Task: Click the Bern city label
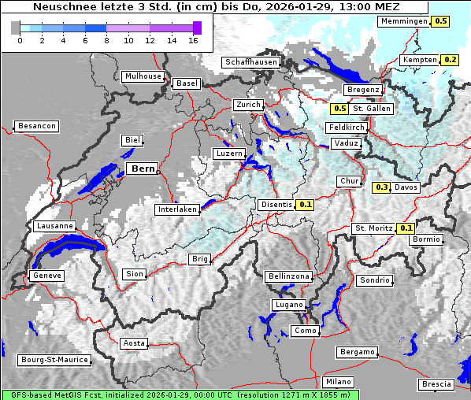tap(143, 169)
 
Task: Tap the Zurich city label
tap(247, 105)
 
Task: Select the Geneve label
tap(46, 276)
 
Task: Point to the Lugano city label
tap(289, 305)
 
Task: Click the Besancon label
tap(37, 126)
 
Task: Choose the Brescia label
tap(437, 383)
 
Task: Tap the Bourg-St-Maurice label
tap(54, 360)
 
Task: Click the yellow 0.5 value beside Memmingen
tap(441, 21)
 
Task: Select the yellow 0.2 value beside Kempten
tap(450, 60)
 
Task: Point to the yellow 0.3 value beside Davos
tap(381, 187)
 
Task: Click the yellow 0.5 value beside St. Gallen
tap(340, 109)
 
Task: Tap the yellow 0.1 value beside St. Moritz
tap(406, 228)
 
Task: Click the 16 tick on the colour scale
tap(193, 40)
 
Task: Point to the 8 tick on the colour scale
tap(106, 40)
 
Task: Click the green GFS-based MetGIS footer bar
tap(180, 394)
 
